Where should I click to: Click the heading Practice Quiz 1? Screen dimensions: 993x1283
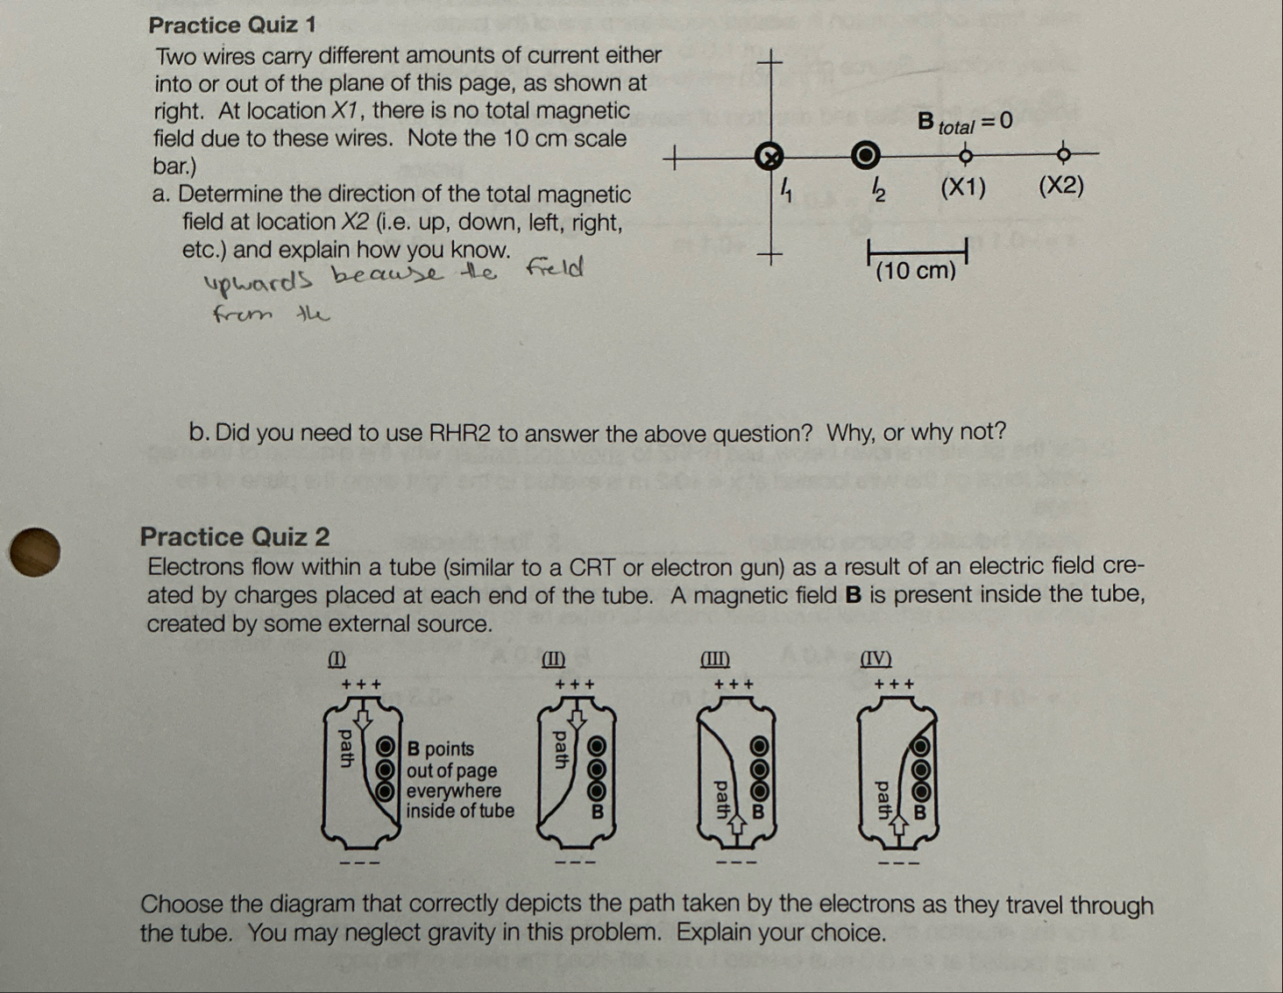pyautogui.click(x=232, y=25)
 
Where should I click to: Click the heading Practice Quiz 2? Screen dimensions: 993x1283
pyautogui.click(x=235, y=536)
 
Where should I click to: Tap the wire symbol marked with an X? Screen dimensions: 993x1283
pyautogui.click(x=769, y=156)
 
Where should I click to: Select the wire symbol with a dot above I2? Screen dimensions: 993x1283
pyautogui.click(x=866, y=155)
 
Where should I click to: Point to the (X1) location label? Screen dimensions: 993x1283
pyautogui.click(x=963, y=187)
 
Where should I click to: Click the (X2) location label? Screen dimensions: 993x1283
pyautogui.click(x=1061, y=187)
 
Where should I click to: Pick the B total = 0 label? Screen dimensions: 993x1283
pyautogui.click(x=964, y=122)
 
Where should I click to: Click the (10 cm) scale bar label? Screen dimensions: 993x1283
pyautogui.click(x=916, y=271)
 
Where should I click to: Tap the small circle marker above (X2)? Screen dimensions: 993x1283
pyautogui.click(x=1064, y=155)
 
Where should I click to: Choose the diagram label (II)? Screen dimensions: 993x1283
pyautogui.click(x=554, y=658)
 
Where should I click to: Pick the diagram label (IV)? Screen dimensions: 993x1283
pyautogui.click(x=875, y=658)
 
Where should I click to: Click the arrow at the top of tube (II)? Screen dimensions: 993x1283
pyautogui.click(x=577, y=718)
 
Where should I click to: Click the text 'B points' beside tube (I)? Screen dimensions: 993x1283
pyautogui.click(x=441, y=749)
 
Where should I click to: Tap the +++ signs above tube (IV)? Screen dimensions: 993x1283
pyautogui.click(x=895, y=684)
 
